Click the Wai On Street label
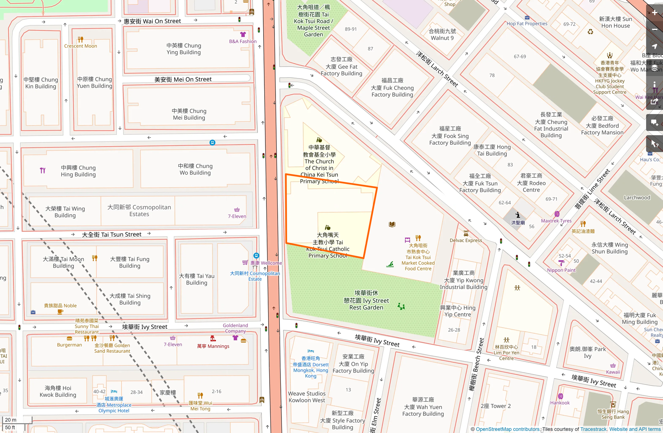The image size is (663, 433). [152, 21]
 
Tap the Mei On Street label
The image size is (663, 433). [183, 80]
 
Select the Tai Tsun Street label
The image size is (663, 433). [112, 234]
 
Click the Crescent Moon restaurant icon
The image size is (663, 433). [81, 39]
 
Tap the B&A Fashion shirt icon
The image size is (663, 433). [243, 34]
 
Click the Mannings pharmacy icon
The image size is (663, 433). [213, 339]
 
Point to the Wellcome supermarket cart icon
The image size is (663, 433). [245, 263]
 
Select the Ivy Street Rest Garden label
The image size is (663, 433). [366, 300]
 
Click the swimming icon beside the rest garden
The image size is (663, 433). [390, 264]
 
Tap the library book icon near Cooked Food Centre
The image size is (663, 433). [392, 224]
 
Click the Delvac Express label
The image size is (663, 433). [466, 240]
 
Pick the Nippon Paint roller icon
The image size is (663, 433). [561, 263]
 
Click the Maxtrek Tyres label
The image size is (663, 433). [556, 221]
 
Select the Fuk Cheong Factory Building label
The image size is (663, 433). [392, 88]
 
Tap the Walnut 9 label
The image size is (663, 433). [442, 34]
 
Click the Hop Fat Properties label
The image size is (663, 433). [527, 24]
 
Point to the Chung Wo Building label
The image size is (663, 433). [195, 169]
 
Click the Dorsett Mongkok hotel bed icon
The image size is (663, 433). [311, 351]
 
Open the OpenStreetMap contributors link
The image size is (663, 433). [507, 429]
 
